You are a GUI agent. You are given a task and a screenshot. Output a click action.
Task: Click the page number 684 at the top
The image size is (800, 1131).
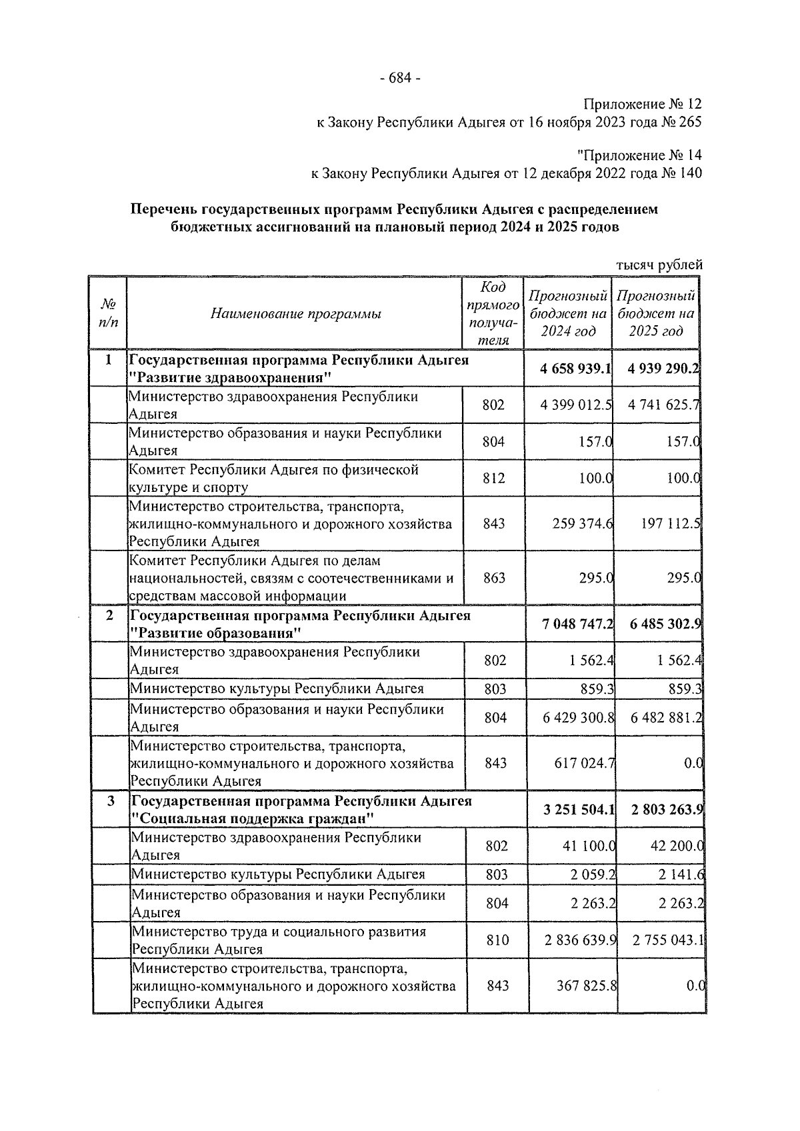click(x=399, y=79)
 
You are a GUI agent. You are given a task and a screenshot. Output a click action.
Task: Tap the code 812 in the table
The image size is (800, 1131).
click(x=493, y=478)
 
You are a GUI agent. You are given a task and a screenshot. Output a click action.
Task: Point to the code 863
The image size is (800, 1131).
click(x=494, y=578)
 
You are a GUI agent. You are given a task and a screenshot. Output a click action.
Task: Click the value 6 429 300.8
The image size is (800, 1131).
click(x=578, y=718)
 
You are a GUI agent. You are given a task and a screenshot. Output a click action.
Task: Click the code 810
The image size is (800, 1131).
click(x=497, y=940)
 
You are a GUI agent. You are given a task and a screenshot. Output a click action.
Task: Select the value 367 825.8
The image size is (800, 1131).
click(x=586, y=985)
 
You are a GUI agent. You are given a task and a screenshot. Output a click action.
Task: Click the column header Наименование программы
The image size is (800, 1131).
click(x=295, y=313)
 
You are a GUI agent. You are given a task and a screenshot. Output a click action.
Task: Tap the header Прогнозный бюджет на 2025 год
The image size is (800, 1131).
click(x=655, y=313)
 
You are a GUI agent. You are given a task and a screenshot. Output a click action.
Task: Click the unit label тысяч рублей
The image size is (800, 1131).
click(x=659, y=265)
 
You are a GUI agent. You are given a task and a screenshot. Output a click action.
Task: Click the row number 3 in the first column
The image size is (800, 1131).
click(x=111, y=800)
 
